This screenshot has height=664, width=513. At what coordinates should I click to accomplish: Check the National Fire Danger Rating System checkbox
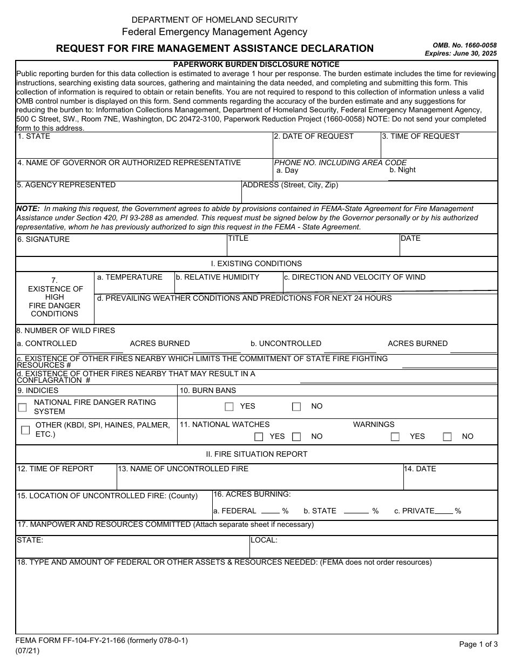[x=22, y=408]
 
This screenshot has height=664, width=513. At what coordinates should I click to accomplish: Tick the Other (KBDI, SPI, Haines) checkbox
[x=25, y=430]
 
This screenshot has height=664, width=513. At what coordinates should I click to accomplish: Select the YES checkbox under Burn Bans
[x=229, y=407]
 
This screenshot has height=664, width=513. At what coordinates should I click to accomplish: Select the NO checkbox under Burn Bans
[x=296, y=407]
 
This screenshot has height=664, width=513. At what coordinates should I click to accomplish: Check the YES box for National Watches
[x=259, y=437]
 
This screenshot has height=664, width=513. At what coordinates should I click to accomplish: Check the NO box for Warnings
[x=447, y=437]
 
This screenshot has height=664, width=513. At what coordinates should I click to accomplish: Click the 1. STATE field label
[x=33, y=137]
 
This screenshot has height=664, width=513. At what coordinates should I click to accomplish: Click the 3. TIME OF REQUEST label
[x=421, y=137]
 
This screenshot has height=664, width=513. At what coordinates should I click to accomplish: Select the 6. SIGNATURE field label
[x=43, y=239]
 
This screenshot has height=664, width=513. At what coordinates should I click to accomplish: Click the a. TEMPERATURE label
[x=130, y=277]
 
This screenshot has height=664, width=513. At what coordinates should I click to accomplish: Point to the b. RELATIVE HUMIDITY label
[x=217, y=277]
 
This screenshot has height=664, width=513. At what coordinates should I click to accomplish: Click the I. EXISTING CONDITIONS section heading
[x=256, y=264]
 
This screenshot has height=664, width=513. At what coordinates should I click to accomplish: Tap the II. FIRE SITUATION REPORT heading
[x=256, y=454]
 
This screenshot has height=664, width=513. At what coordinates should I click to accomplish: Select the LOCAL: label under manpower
[x=264, y=540]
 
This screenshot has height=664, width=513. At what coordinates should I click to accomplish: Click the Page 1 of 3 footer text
[x=478, y=644]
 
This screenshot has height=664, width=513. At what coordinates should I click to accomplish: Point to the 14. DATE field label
[x=420, y=469]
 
